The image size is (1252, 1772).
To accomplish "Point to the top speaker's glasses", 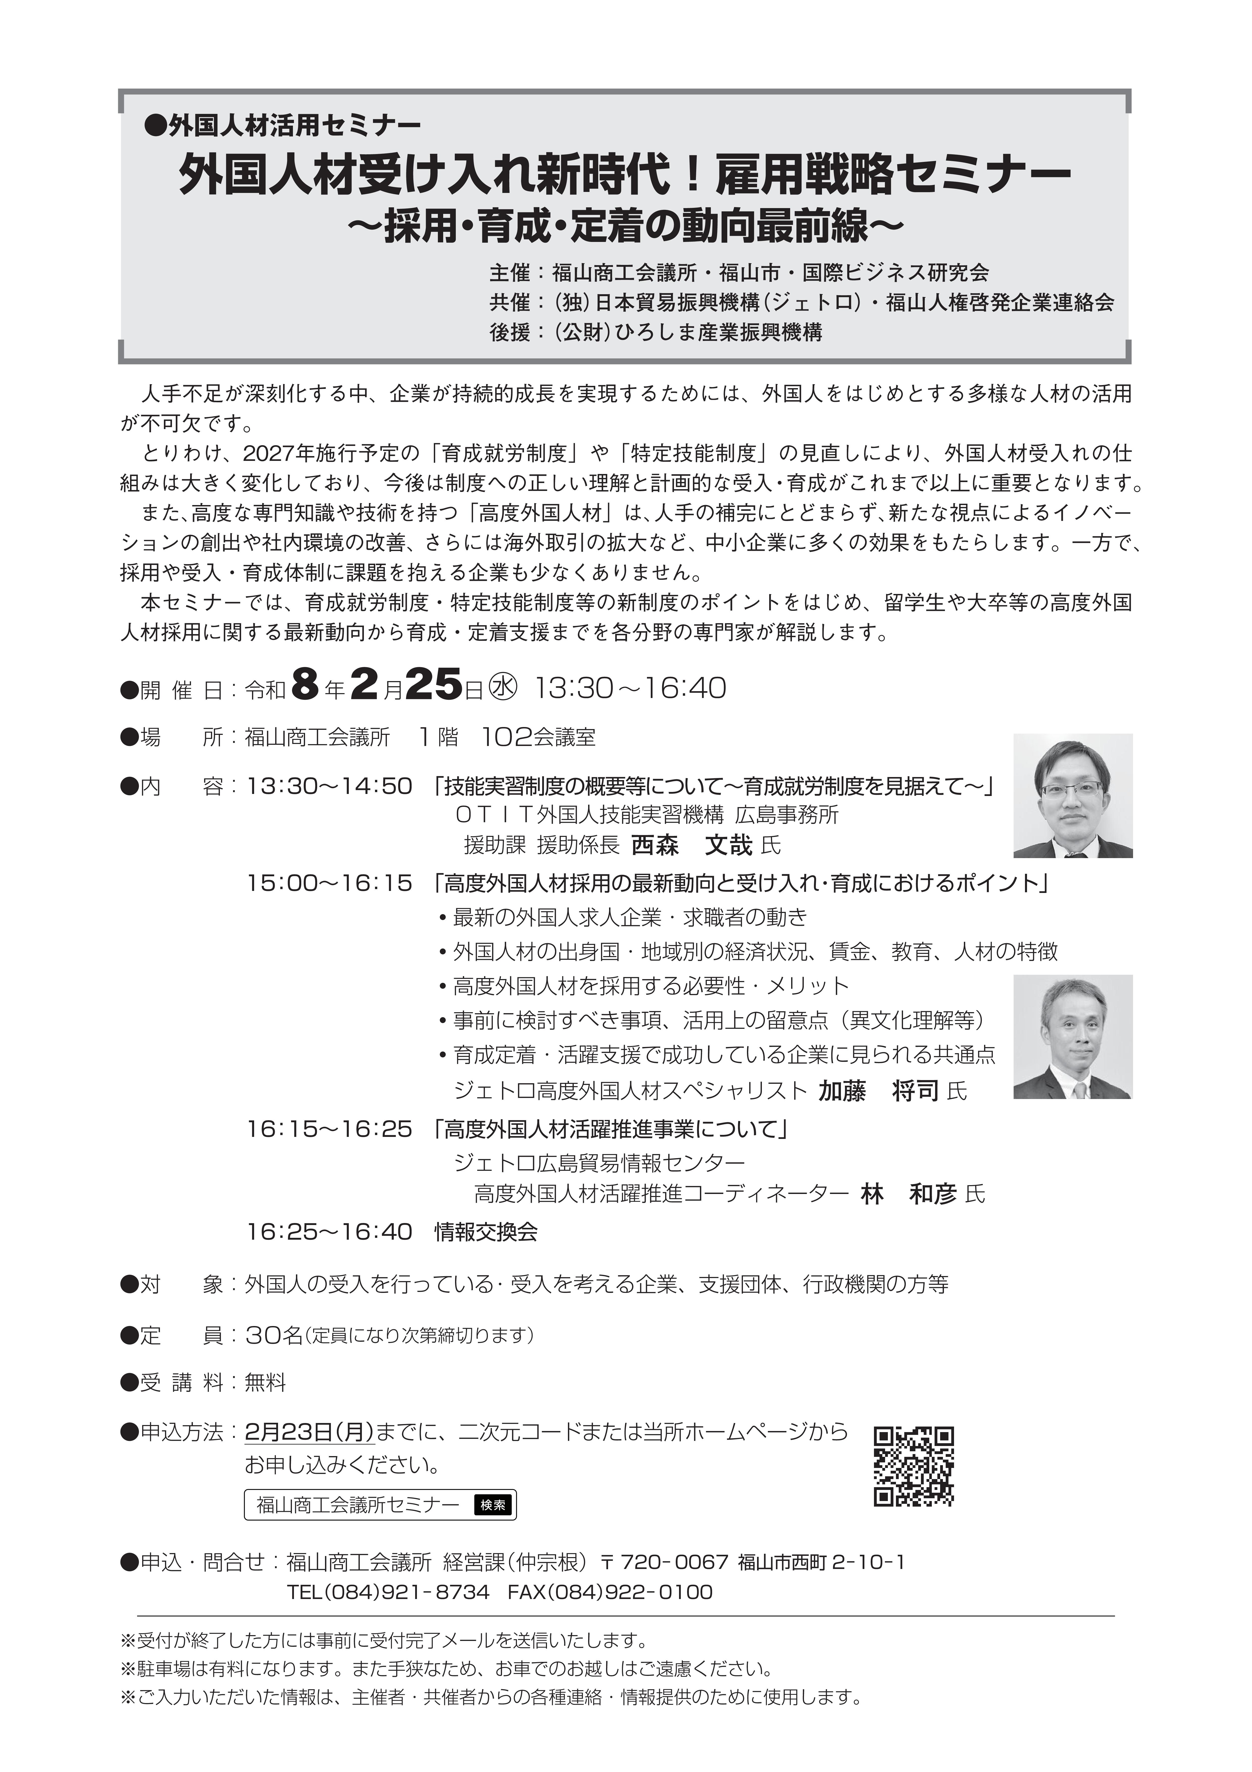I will pos(1072,789).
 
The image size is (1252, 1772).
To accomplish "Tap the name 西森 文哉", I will pos(691,845).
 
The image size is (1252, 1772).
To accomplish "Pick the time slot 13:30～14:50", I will pos(330,786).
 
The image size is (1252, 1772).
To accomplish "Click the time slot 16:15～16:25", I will pos(330,1129).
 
